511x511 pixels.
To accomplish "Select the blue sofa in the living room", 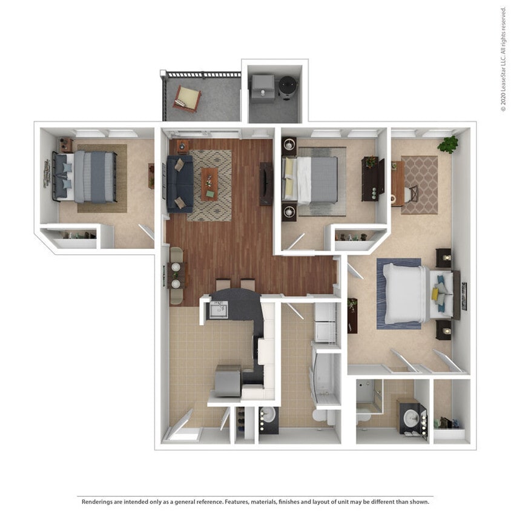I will point(180,183).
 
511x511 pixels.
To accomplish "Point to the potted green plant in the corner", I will point(448,144).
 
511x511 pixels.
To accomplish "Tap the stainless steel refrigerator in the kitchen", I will point(228,380).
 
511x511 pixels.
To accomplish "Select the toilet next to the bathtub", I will point(318,417).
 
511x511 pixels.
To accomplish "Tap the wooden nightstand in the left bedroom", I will point(65,145).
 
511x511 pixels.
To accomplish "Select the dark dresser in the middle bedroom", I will point(372,179).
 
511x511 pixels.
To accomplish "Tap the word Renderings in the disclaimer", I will point(96,501).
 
